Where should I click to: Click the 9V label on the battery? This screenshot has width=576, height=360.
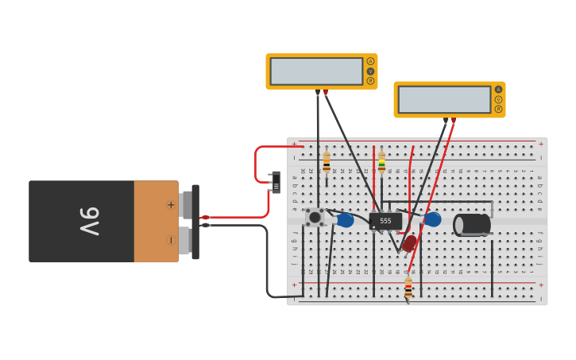click(x=89, y=222)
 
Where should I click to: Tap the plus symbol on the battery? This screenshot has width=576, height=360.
click(x=170, y=204)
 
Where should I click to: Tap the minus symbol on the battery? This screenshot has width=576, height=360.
click(x=170, y=240)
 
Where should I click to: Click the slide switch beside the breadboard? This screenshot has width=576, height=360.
click(x=276, y=182)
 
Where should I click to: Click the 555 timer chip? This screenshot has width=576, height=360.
click(x=385, y=221)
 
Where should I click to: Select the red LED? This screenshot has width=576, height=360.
click(x=409, y=243)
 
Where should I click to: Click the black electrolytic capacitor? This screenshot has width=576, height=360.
click(x=471, y=224)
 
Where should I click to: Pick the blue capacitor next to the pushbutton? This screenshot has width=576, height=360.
click(x=345, y=220)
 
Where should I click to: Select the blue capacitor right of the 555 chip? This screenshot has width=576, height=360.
click(x=432, y=219)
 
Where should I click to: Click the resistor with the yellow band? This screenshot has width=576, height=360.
click(x=381, y=163)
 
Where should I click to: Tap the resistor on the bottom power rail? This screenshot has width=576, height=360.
click(x=408, y=288)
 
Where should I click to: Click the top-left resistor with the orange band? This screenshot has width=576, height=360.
click(x=327, y=163)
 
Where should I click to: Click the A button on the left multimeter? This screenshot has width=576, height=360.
click(x=370, y=61)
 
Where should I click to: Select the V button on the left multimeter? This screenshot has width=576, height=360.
click(x=370, y=71)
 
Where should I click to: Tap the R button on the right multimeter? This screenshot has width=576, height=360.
click(x=498, y=109)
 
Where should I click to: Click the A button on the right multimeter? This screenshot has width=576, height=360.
click(x=498, y=89)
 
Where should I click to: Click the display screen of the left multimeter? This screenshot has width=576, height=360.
click(x=316, y=71)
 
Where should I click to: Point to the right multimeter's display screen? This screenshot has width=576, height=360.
click(x=444, y=99)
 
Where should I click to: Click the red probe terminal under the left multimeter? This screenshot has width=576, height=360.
click(x=325, y=92)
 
